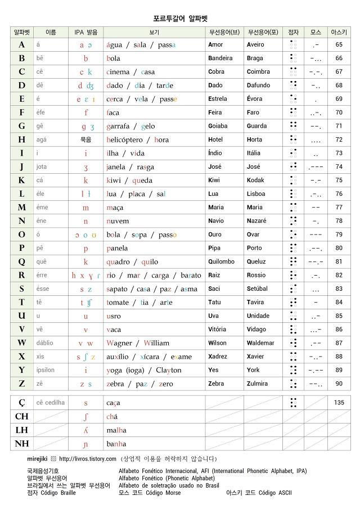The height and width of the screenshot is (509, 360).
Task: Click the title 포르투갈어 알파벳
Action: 180,19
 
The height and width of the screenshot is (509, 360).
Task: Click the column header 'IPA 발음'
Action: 85,32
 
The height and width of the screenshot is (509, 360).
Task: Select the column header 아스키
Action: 339,32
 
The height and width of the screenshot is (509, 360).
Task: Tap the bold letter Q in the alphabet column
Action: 22,262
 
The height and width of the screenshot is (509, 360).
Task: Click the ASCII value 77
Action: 339,208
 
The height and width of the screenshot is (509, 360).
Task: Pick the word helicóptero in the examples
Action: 124,140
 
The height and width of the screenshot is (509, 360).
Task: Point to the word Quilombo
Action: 221,262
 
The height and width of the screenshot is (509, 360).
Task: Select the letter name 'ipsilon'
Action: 46,370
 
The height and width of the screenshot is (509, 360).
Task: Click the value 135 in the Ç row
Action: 339,403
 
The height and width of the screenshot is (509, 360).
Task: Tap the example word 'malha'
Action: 116,430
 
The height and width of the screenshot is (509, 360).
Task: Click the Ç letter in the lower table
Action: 22,403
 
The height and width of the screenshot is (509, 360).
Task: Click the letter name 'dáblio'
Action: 45,343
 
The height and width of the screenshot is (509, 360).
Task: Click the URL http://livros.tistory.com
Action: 87,459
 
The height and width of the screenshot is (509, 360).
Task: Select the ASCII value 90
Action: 339,384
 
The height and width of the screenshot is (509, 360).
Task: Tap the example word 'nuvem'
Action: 118,221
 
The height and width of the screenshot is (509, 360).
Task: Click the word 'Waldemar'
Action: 260,343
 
